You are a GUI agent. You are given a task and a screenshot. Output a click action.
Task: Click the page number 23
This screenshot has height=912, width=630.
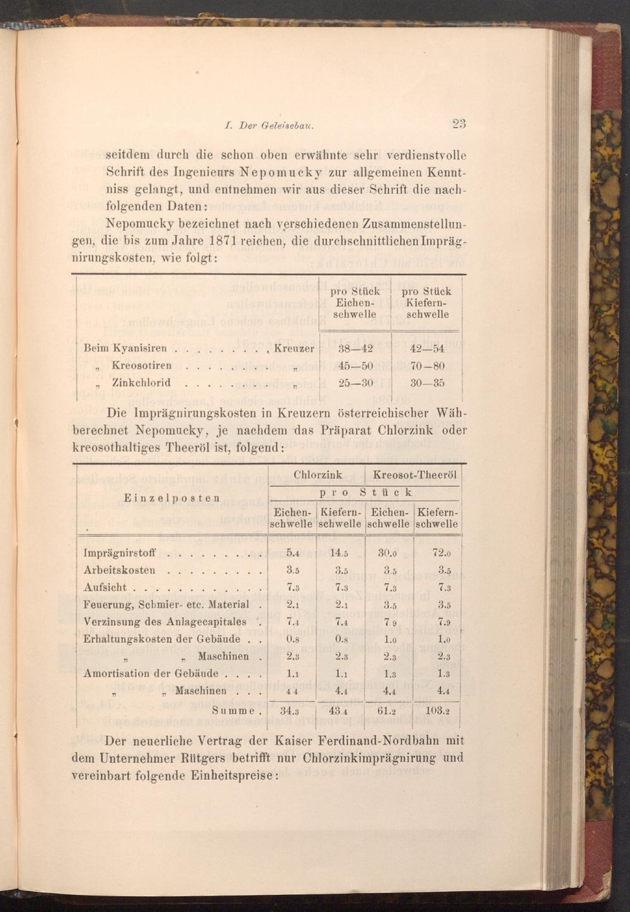tap(458, 124)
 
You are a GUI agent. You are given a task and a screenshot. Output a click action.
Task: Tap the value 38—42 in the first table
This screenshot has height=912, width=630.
tap(355, 349)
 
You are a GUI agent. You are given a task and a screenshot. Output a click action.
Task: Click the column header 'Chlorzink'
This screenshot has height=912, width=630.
tap(318, 475)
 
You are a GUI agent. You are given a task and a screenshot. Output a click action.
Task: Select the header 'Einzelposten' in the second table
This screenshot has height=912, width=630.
tap(172, 497)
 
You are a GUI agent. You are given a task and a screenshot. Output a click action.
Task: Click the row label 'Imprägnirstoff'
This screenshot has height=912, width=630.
tap(119, 554)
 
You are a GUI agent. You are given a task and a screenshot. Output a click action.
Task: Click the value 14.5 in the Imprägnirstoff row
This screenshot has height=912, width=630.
tap(340, 554)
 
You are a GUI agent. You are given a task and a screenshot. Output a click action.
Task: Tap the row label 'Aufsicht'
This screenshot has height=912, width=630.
tap(105, 588)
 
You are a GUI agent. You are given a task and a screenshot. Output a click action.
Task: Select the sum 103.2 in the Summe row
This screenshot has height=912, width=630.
tap(437, 711)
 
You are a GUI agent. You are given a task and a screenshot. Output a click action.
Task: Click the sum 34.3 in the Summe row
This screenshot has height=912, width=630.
tap(292, 711)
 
